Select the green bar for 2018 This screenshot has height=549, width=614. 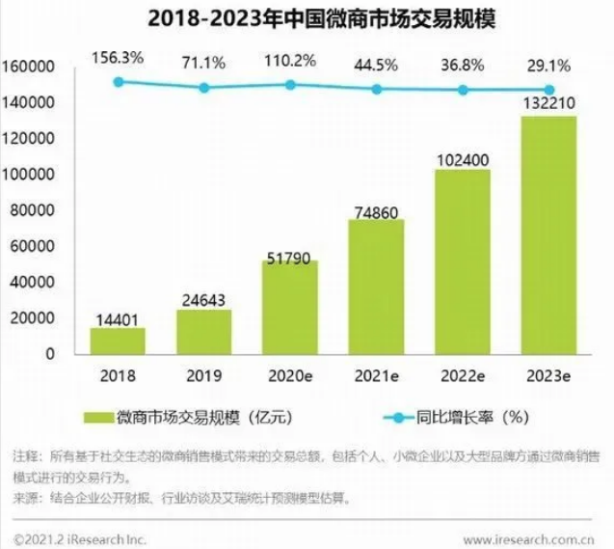coord(118,341)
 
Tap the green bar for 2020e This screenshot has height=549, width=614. coord(289,307)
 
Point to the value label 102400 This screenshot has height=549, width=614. coord(462,156)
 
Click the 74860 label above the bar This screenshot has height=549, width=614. coord(376,206)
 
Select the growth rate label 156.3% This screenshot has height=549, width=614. coord(119,58)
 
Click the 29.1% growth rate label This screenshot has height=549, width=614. coord(548,65)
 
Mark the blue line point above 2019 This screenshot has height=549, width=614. coord(204,88)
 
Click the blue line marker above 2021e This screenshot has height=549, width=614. coord(377,89)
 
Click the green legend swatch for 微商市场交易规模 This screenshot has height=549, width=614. coord(97,418)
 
